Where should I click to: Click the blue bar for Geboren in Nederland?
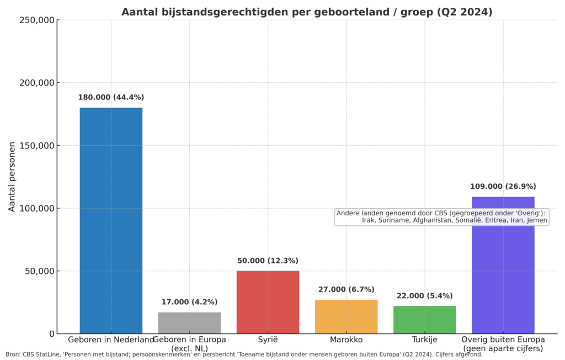point(111,221)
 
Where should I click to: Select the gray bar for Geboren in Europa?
point(189,323)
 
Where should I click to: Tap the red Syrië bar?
point(268,302)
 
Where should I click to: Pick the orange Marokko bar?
point(346,316)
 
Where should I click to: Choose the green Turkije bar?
point(425,320)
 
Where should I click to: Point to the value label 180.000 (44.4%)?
point(111,98)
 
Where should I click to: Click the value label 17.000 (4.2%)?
point(189,302)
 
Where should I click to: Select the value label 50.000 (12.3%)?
point(268,261)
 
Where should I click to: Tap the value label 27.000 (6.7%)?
point(346,289)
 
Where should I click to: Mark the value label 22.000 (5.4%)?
point(425,296)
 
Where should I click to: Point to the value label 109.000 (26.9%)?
point(503,187)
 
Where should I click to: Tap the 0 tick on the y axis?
point(51,334)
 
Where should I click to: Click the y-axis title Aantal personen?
point(12,177)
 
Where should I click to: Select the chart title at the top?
point(307,12)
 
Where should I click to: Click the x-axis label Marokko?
point(346,340)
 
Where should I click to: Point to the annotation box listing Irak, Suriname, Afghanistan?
point(441,216)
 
